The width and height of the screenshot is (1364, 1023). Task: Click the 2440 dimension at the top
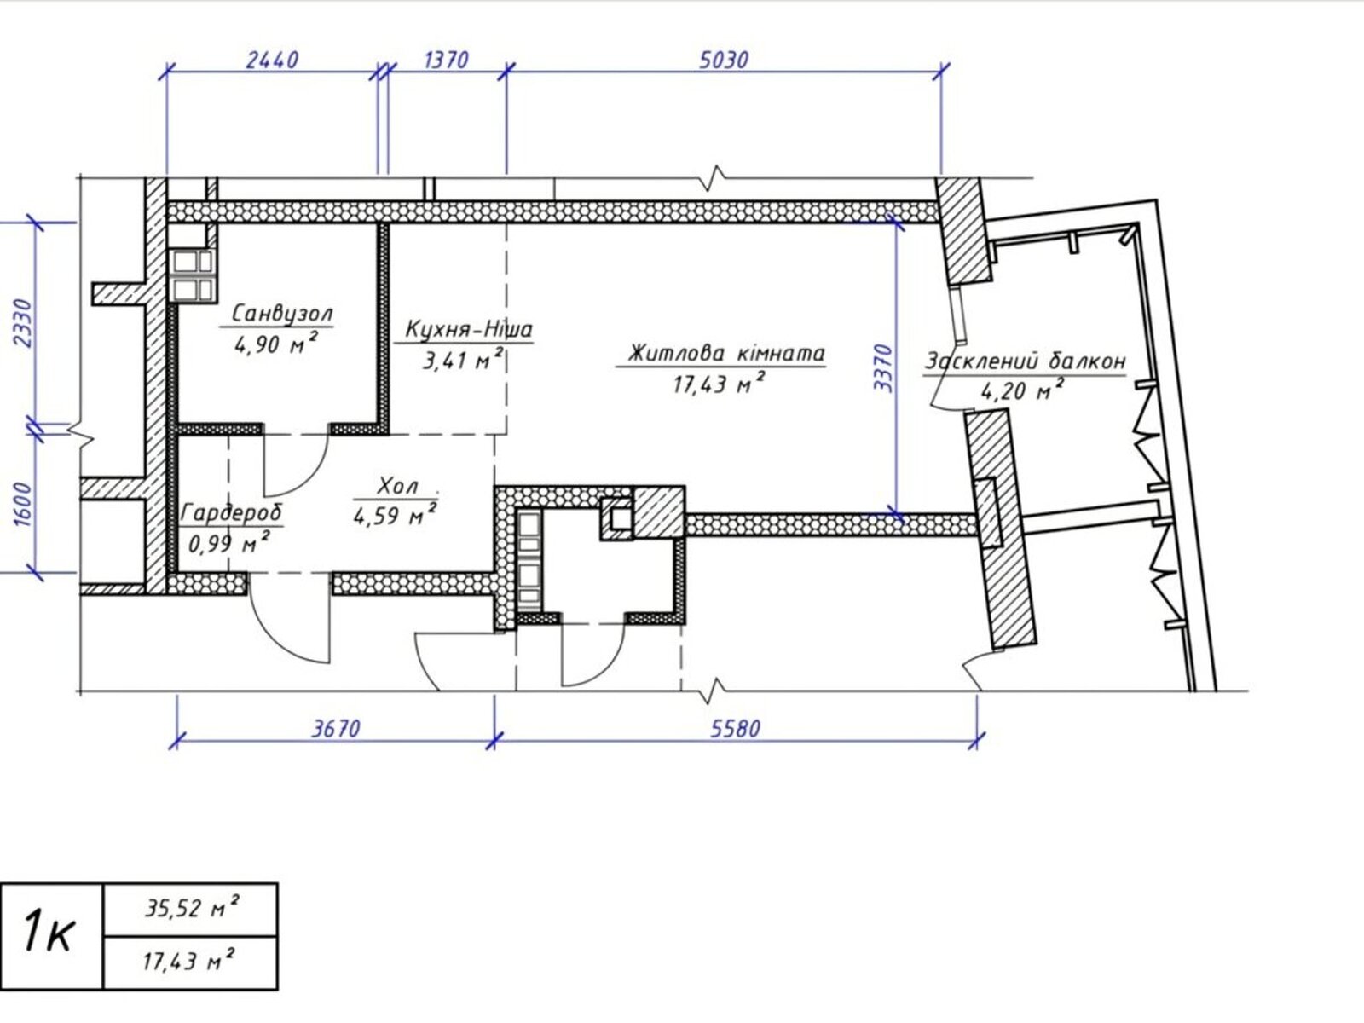[272, 60]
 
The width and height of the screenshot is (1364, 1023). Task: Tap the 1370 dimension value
[446, 61]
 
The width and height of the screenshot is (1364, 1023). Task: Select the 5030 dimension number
[724, 61]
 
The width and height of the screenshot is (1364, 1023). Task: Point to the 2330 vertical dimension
[22, 324]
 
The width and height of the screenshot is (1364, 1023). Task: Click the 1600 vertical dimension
[22, 504]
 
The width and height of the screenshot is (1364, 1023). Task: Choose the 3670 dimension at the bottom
[336, 729]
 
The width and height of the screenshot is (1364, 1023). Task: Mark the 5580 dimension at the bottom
[735, 729]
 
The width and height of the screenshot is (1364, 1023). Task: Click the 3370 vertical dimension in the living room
[883, 368]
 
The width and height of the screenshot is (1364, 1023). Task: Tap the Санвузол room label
[282, 313]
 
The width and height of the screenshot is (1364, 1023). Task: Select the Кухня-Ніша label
[469, 328]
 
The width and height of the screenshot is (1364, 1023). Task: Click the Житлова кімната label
[726, 354]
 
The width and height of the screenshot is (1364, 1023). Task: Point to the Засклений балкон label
[1026, 361]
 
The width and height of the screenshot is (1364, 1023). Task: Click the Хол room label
[398, 486]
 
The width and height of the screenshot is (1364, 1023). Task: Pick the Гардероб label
[231, 513]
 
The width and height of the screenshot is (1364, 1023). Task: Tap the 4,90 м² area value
[276, 343]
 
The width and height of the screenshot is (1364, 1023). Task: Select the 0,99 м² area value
[228, 543]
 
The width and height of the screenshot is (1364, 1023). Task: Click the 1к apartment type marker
[49, 933]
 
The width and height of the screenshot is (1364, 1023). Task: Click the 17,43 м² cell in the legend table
[189, 962]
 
